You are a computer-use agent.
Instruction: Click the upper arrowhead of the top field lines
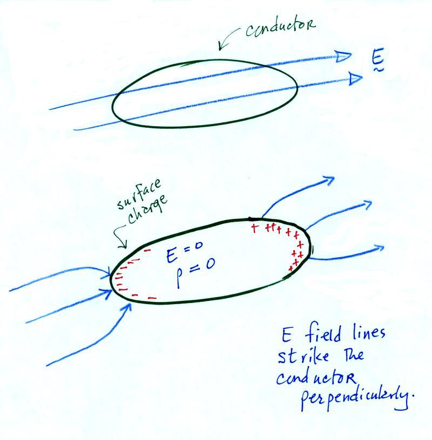click(343, 57)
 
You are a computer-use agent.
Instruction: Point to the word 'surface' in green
click(139, 194)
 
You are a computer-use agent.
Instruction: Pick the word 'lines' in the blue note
click(368, 333)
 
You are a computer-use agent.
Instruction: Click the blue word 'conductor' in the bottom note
click(316, 379)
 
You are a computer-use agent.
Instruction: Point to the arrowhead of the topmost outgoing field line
click(329, 180)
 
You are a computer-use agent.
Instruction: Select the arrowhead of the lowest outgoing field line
click(379, 247)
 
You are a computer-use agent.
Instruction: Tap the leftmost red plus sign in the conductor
click(254, 228)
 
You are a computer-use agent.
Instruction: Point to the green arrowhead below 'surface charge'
click(122, 245)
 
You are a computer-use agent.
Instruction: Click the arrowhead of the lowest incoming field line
click(127, 308)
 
